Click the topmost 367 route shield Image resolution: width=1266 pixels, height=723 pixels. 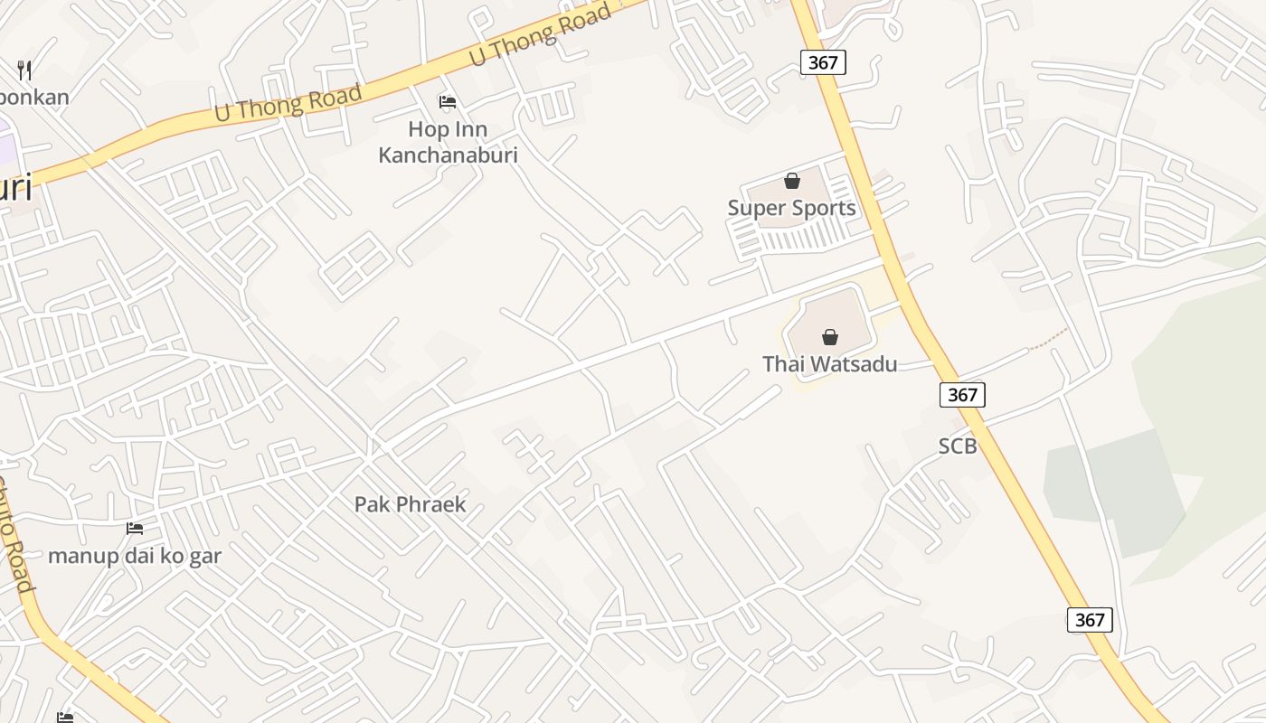click(823, 62)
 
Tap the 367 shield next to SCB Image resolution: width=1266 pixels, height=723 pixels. click(962, 395)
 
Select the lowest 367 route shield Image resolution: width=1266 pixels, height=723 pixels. click(1090, 620)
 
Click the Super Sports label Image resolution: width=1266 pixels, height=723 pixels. click(791, 208)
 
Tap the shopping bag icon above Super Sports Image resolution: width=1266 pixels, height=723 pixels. click(792, 181)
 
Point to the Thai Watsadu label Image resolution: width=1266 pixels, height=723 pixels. click(829, 364)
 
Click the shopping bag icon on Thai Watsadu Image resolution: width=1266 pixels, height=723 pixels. click(829, 337)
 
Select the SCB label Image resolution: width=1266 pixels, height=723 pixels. click(957, 446)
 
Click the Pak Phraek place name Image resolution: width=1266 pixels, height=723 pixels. click(410, 504)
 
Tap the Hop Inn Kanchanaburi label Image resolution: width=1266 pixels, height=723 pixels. click(448, 142)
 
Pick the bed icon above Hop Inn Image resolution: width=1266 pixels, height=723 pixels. click(447, 101)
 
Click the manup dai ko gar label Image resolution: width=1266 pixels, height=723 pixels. click(134, 556)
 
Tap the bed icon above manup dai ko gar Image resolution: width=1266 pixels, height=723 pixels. click(135, 528)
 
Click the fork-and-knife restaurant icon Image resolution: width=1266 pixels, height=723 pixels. click(24, 70)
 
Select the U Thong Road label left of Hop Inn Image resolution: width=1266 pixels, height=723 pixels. click(288, 102)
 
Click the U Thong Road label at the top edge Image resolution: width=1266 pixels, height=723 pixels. click(541, 34)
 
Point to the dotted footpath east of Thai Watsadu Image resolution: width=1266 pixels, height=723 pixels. click(1049, 339)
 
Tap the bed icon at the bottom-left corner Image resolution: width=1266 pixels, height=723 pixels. click(65, 717)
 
